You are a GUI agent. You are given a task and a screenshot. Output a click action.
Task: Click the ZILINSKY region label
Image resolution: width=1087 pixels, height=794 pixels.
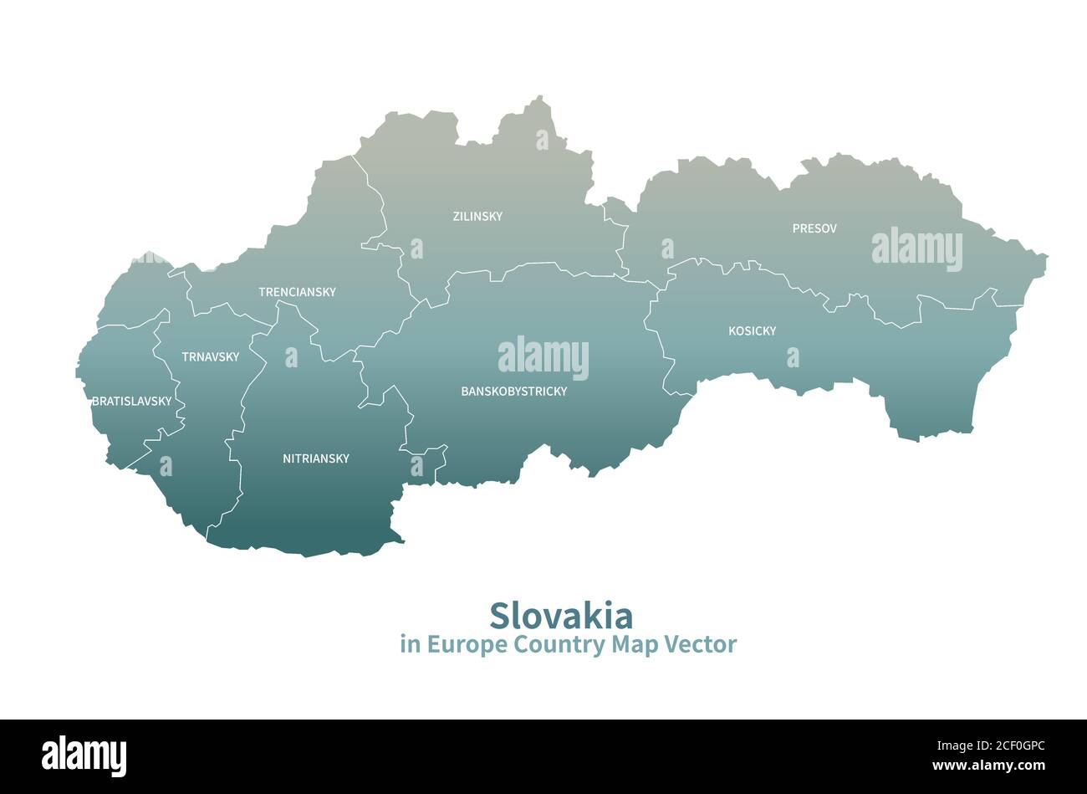(x=477, y=217)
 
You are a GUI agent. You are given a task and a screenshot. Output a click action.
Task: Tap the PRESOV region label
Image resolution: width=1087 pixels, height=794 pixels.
(x=814, y=228)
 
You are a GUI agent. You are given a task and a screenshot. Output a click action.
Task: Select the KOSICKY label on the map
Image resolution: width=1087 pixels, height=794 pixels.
(x=752, y=331)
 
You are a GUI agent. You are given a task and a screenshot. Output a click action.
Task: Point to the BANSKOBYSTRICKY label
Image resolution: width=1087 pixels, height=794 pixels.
(x=514, y=392)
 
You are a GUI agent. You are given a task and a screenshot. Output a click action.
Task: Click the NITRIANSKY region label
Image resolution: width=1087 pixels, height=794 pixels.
(x=316, y=458)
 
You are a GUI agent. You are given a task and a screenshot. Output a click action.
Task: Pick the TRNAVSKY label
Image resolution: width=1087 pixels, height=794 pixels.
(x=211, y=357)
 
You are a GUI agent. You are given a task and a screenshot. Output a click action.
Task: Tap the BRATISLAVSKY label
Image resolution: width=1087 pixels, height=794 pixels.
(x=132, y=402)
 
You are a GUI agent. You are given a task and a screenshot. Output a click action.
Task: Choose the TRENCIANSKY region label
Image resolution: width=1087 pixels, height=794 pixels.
(x=297, y=292)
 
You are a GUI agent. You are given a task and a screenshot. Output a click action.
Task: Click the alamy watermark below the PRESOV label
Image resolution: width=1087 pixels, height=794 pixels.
(x=916, y=248)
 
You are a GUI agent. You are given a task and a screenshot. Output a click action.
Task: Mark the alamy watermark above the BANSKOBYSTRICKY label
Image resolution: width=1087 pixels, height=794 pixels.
(x=543, y=357)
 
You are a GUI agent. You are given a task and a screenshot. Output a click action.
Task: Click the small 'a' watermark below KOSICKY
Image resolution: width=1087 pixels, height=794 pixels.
(x=793, y=357)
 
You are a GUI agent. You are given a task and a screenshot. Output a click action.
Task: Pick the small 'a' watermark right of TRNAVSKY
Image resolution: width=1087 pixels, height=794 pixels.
(x=291, y=357)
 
